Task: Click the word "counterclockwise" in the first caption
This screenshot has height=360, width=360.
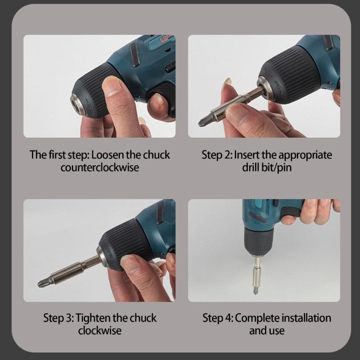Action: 99,167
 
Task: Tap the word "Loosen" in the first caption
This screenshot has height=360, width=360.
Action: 110,155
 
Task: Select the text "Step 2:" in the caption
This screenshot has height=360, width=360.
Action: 217,155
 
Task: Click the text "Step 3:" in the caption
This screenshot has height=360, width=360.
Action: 58,318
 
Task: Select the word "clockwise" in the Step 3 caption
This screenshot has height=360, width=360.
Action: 99,330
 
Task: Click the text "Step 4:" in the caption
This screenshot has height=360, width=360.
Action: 218,318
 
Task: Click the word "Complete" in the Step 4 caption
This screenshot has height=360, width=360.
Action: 257,318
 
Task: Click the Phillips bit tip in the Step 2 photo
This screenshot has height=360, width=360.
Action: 203,121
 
